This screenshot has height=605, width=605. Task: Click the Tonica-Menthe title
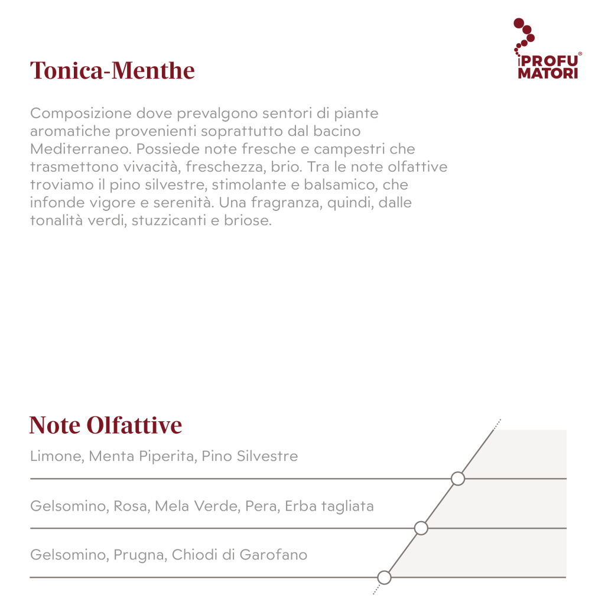112,71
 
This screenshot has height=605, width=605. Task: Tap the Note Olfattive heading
106,425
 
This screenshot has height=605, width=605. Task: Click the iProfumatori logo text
548,67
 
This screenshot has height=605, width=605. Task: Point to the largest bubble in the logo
519,24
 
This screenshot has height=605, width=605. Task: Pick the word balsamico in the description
346,185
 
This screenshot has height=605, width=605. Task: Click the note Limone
54,456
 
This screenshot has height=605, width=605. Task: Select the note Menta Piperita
141,456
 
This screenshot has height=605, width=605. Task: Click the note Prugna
138,555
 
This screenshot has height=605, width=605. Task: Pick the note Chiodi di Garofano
239,555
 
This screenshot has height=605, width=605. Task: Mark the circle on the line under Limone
458,479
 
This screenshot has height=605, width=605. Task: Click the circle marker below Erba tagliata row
421,528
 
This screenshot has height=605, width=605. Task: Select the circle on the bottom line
384,577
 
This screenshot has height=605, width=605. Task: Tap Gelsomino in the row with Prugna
66,555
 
